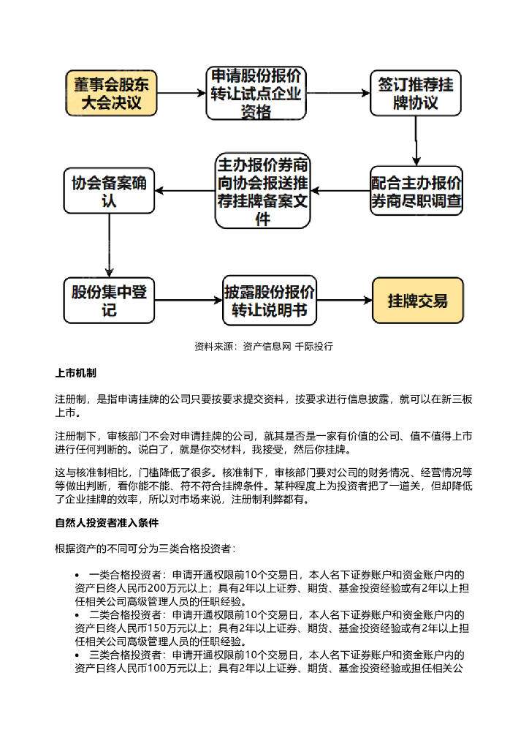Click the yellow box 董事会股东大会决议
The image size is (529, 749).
pyautogui.click(x=112, y=94)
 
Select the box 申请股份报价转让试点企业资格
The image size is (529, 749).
pyautogui.click(x=256, y=94)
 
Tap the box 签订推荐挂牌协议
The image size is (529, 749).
pyautogui.click(x=415, y=94)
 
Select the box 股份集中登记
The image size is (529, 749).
pyautogui.click(x=109, y=301)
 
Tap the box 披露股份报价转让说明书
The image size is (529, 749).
pyautogui.click(x=270, y=301)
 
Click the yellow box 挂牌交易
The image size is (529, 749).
pyautogui.click(x=417, y=301)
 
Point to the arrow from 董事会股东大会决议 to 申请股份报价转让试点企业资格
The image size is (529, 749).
pyautogui.click(x=182, y=94)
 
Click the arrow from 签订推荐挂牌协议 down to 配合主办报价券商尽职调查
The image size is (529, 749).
pyautogui.click(x=416, y=142)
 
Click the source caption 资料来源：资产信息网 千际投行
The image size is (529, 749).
pyautogui.click(x=264, y=346)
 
